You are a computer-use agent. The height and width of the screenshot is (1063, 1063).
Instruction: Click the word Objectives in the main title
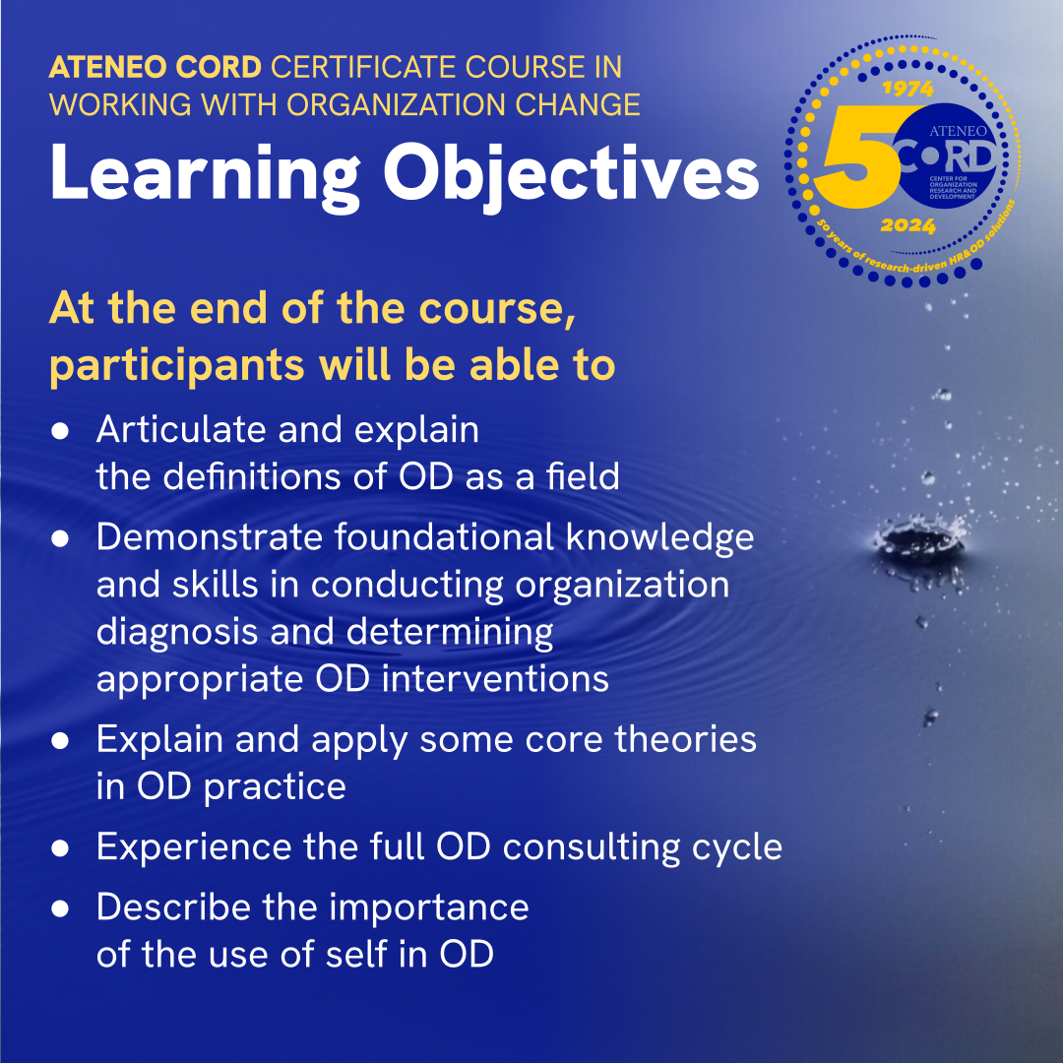click(x=571, y=174)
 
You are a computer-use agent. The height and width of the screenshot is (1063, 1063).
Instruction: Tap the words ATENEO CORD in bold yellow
click(x=156, y=68)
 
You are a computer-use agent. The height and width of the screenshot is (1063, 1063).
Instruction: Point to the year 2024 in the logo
click(x=907, y=226)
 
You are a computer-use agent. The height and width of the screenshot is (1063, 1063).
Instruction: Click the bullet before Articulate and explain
click(x=61, y=431)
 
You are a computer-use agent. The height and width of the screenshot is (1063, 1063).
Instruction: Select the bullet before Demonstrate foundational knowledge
click(x=61, y=538)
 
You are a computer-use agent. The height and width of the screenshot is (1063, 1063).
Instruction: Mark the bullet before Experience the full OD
click(x=61, y=847)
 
